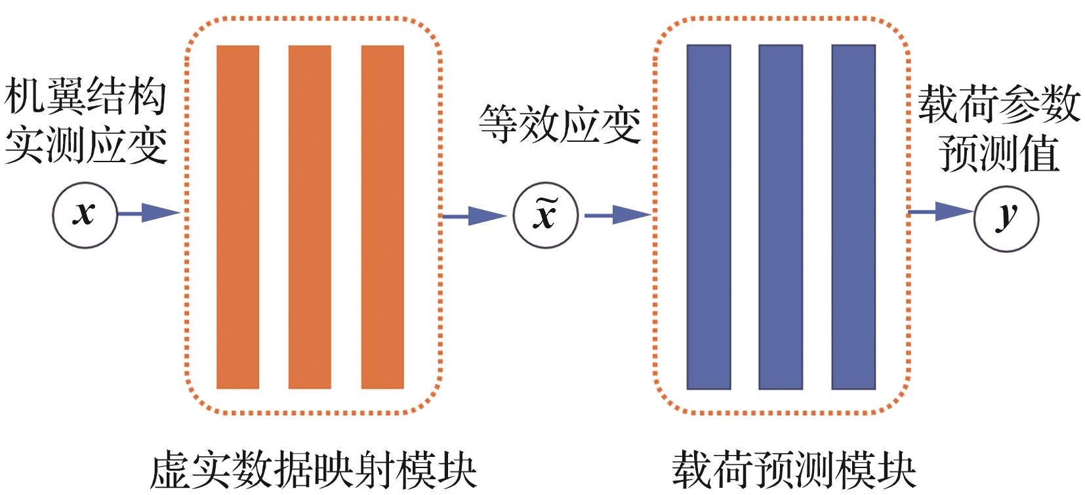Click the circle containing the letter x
[x=85, y=215]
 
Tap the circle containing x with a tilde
[x=546, y=215]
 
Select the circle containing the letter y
[x=1006, y=217]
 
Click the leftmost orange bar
[x=237, y=217]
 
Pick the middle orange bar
[x=310, y=217]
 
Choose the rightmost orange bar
[x=382, y=217]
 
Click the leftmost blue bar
[x=708, y=217]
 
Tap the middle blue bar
[x=781, y=217]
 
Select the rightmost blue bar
[x=853, y=217]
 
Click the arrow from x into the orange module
[x=149, y=213]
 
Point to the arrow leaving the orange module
[x=474, y=215]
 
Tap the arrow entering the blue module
[x=617, y=215]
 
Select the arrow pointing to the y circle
[x=940, y=211]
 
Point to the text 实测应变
[x=85, y=146]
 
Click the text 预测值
[x=998, y=154]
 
